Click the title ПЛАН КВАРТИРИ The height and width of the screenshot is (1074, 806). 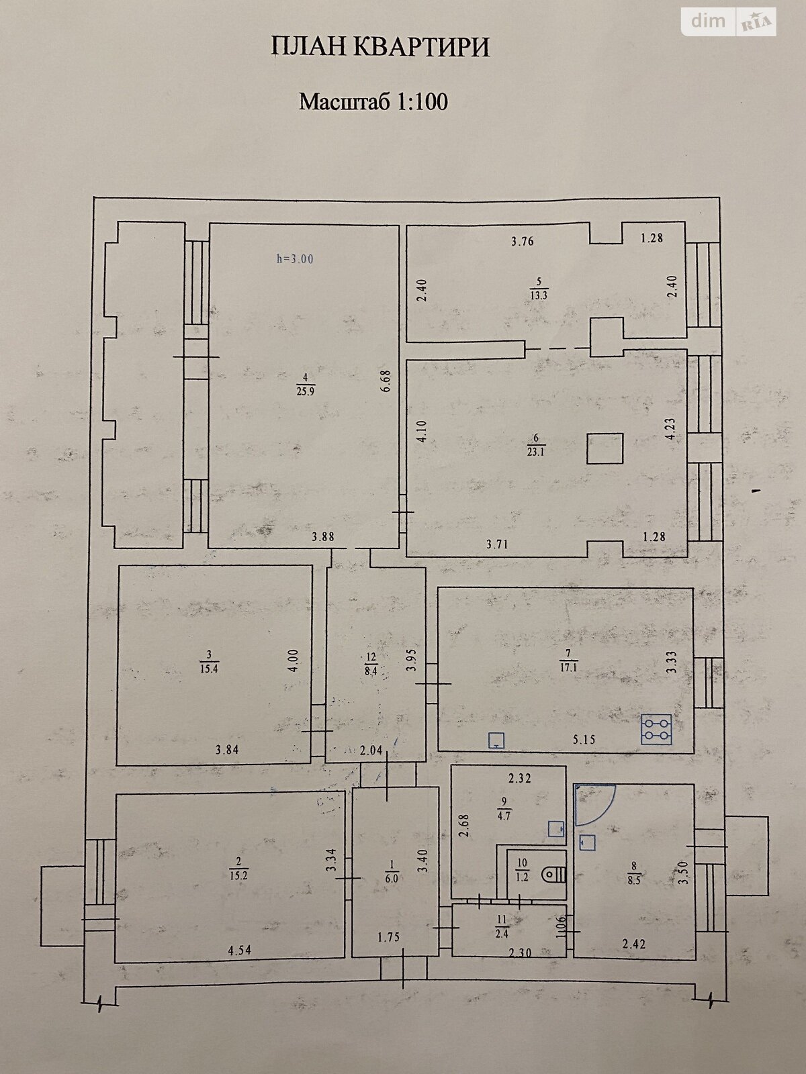point(380,48)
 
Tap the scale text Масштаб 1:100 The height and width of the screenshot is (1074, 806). point(373,102)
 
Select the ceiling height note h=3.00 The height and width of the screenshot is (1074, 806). point(295,259)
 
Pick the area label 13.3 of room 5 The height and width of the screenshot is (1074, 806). point(538,295)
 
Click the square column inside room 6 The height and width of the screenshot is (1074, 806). point(605,448)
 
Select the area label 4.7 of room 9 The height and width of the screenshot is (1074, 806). point(504,817)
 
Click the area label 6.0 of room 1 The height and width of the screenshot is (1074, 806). point(392,878)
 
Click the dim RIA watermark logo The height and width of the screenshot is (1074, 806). point(729,22)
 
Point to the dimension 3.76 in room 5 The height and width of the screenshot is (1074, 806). point(522,241)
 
